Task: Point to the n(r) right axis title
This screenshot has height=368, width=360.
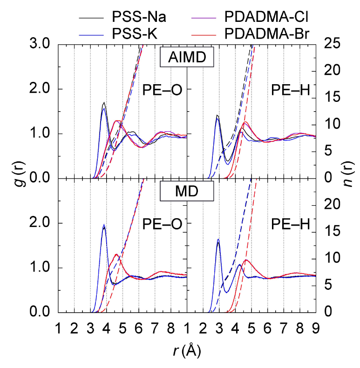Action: [x=350, y=178]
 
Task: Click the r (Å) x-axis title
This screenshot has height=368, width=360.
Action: [x=186, y=350]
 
